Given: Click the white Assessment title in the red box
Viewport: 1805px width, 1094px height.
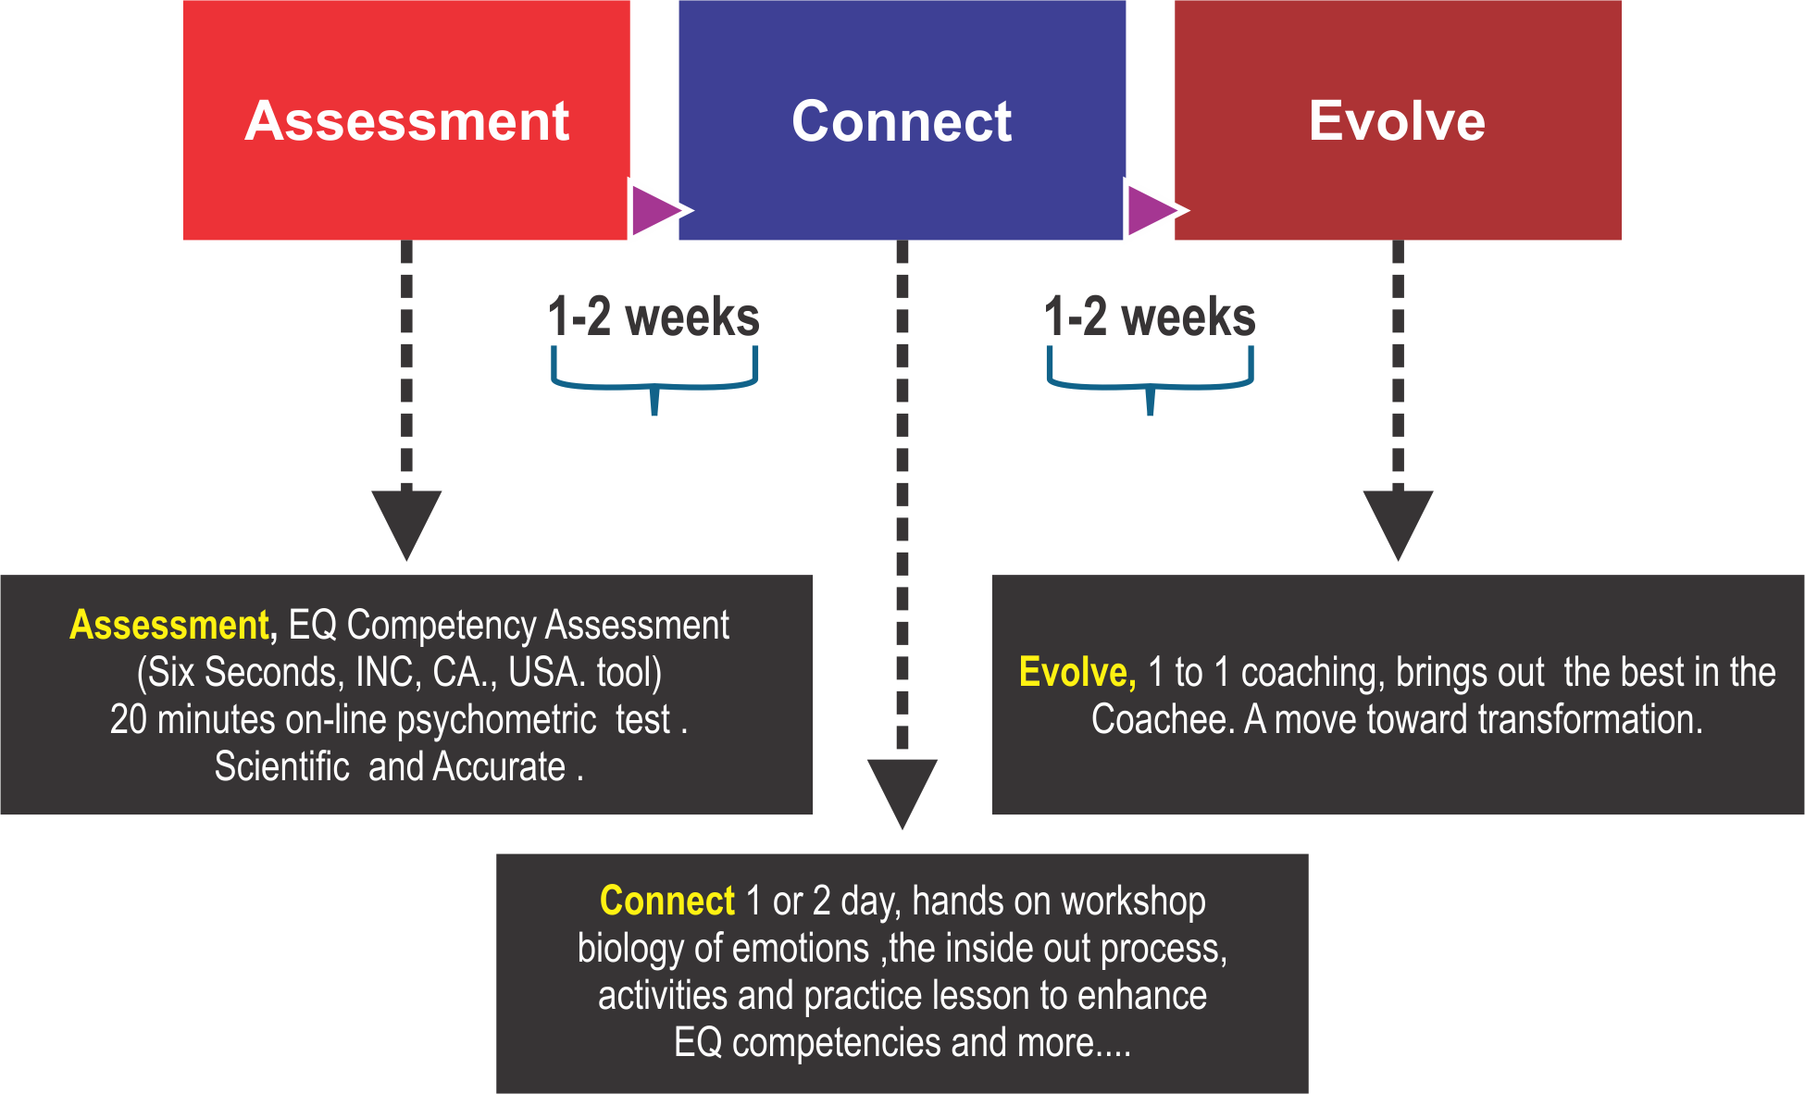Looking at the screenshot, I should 406,121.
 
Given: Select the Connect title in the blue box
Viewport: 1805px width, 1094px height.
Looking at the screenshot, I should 902,121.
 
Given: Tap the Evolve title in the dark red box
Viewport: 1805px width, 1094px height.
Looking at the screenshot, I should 1397,121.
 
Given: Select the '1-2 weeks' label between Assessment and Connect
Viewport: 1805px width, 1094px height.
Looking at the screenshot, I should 654,317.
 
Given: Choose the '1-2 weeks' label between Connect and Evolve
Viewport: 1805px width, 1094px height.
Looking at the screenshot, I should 1150,317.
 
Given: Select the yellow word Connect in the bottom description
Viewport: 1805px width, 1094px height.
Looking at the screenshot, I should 666,901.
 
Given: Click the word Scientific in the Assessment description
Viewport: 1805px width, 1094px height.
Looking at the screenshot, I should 281,767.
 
